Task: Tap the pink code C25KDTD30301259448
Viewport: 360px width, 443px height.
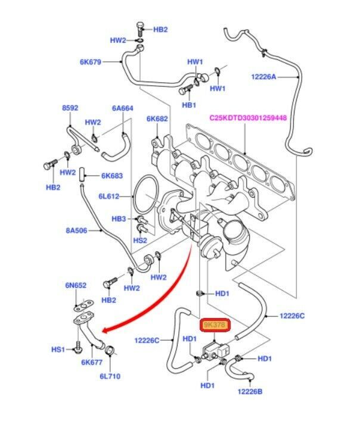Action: coord(247,118)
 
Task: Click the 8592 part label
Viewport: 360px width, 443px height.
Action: coord(70,108)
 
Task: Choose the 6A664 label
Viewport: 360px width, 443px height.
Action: coord(122,108)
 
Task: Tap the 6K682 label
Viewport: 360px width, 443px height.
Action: coord(157,118)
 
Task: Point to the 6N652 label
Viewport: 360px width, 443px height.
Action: coord(76,286)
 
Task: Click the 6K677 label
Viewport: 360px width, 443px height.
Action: coord(93,361)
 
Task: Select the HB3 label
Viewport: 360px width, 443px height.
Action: coord(119,219)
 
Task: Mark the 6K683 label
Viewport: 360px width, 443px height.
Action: coord(111,176)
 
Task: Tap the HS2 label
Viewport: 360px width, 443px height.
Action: coord(139,241)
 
